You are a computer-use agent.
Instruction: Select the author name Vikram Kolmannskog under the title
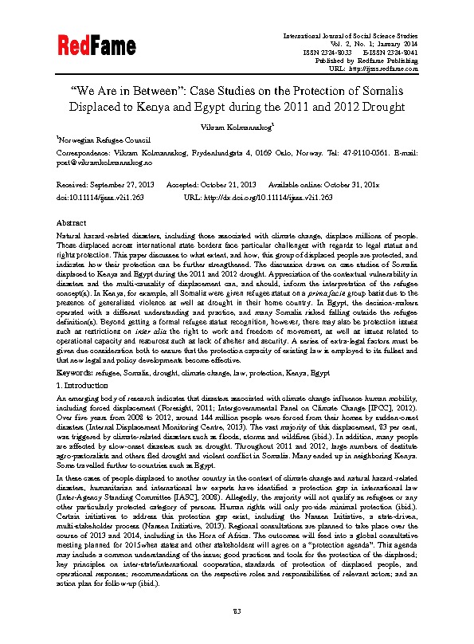coord(236,125)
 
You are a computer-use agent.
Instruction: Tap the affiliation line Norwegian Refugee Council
coord(97,137)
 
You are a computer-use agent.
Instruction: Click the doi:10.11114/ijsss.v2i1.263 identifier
coord(101,194)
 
